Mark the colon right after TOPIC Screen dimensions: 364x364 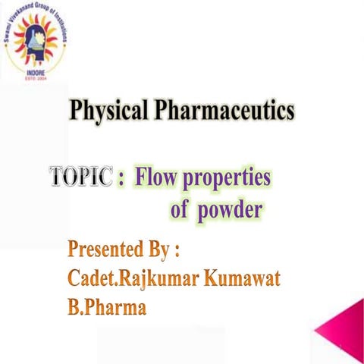point(121,180)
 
